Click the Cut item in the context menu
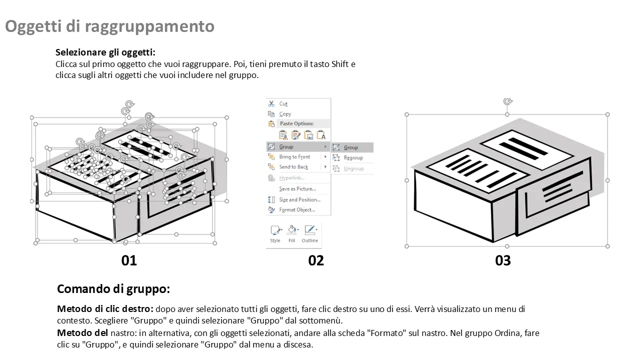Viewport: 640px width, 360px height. click(283, 103)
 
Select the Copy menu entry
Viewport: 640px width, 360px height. click(285, 114)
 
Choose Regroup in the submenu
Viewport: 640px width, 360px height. click(353, 157)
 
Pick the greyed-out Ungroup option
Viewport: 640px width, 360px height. click(353, 168)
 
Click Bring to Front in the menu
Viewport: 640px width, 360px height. click(294, 157)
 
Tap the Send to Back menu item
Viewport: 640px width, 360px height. click(293, 167)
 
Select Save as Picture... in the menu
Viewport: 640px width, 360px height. click(297, 189)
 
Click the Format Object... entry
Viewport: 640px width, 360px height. click(297, 209)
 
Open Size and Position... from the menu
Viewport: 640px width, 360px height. click(299, 199)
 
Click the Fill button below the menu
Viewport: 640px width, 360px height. click(291, 234)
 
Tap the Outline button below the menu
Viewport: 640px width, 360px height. click(309, 234)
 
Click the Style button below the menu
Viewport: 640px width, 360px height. click(275, 234)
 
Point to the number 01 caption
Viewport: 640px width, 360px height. click(129, 260)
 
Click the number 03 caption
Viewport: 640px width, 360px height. click(503, 260)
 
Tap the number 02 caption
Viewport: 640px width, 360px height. click(315, 260)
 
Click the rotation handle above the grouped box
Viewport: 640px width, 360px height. click(507, 101)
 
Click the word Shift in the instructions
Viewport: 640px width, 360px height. click(339, 64)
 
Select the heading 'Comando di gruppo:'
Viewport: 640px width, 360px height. click(113, 289)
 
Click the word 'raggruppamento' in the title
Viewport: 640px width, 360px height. click(149, 26)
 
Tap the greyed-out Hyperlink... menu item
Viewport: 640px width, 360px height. click(291, 177)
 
